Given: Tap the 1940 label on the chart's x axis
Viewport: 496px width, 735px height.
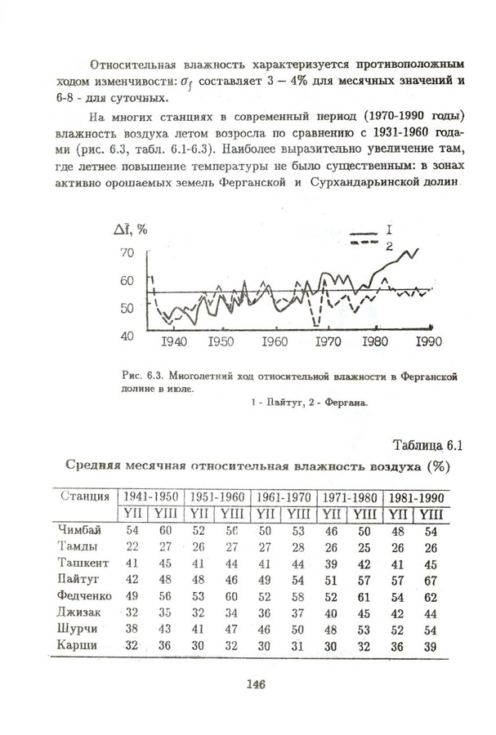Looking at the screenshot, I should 176,341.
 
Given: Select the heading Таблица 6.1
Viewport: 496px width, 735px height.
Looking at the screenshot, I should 427,445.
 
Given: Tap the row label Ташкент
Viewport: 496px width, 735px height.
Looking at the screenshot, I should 84,563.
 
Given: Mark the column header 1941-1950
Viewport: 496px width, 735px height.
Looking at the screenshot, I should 151,497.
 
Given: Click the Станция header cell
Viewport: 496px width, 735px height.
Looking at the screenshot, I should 85,496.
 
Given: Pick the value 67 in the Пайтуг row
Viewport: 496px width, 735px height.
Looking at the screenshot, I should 429,579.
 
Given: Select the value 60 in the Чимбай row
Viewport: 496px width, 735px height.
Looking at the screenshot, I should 166,530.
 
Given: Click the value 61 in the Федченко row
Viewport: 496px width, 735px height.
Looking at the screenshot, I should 364,595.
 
